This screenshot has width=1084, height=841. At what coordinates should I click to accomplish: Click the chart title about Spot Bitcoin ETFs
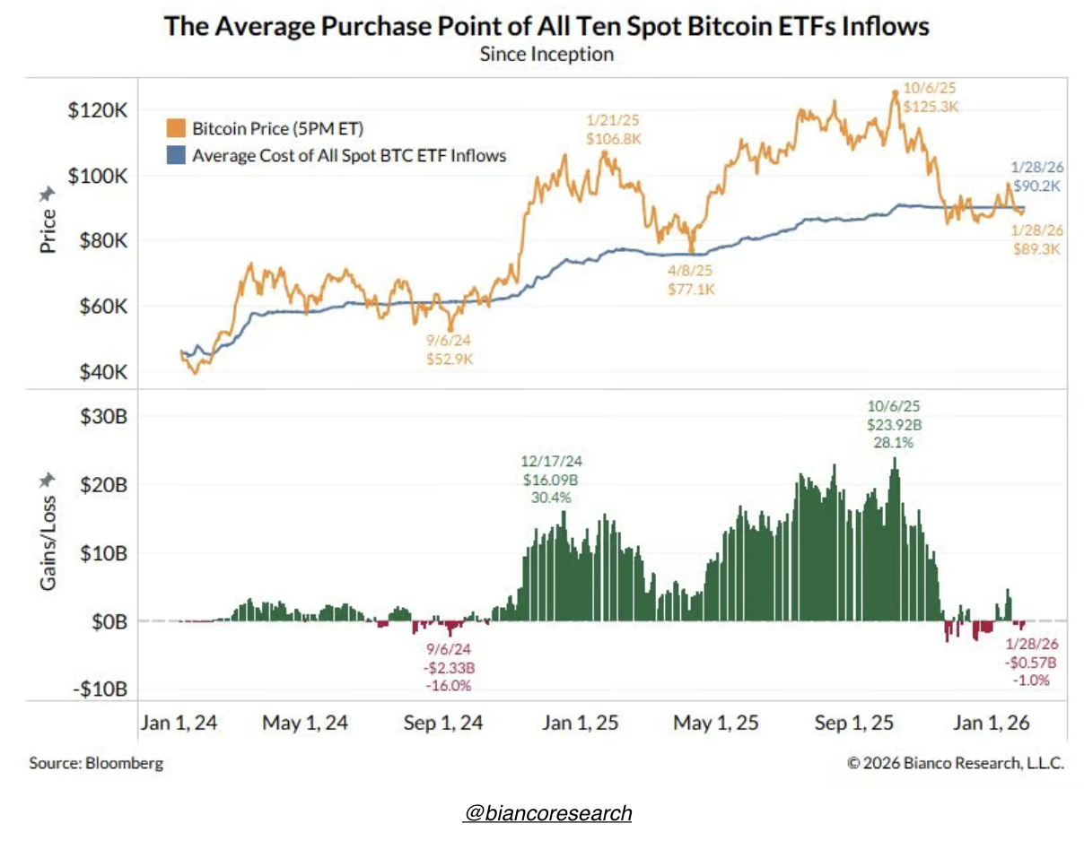pyautogui.click(x=546, y=25)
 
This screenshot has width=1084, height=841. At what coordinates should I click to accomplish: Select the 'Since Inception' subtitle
pyautogui.click(x=546, y=54)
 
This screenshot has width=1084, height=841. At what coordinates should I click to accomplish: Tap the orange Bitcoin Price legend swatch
pyautogui.click(x=176, y=129)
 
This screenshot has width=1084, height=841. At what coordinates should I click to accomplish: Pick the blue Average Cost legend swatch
pyautogui.click(x=176, y=156)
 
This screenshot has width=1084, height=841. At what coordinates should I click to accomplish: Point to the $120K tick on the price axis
pyautogui.click(x=99, y=110)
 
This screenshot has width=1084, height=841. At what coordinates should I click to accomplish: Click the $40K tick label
pyautogui.click(x=102, y=372)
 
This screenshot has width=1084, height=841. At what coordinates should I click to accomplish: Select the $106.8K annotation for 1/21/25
pyautogui.click(x=614, y=139)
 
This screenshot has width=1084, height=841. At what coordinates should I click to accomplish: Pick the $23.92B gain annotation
pyautogui.click(x=893, y=425)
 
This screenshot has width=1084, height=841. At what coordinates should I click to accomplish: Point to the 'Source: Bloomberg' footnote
pyautogui.click(x=96, y=763)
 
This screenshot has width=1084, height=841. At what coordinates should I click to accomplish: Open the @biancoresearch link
pyautogui.click(x=548, y=813)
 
